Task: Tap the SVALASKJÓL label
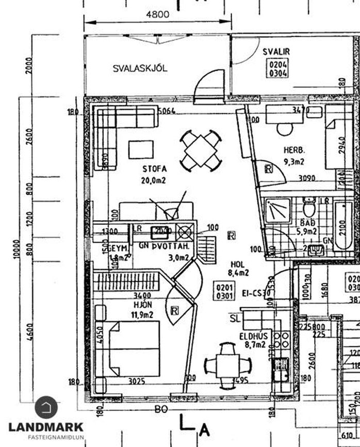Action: click(x=140, y=68)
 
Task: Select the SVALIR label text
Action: click(x=276, y=52)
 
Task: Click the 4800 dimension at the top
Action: click(x=157, y=14)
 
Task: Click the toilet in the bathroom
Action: click(x=309, y=209)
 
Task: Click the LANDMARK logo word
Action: click(x=46, y=427)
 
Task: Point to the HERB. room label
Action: click(x=294, y=151)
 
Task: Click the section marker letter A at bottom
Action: click(x=205, y=429)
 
